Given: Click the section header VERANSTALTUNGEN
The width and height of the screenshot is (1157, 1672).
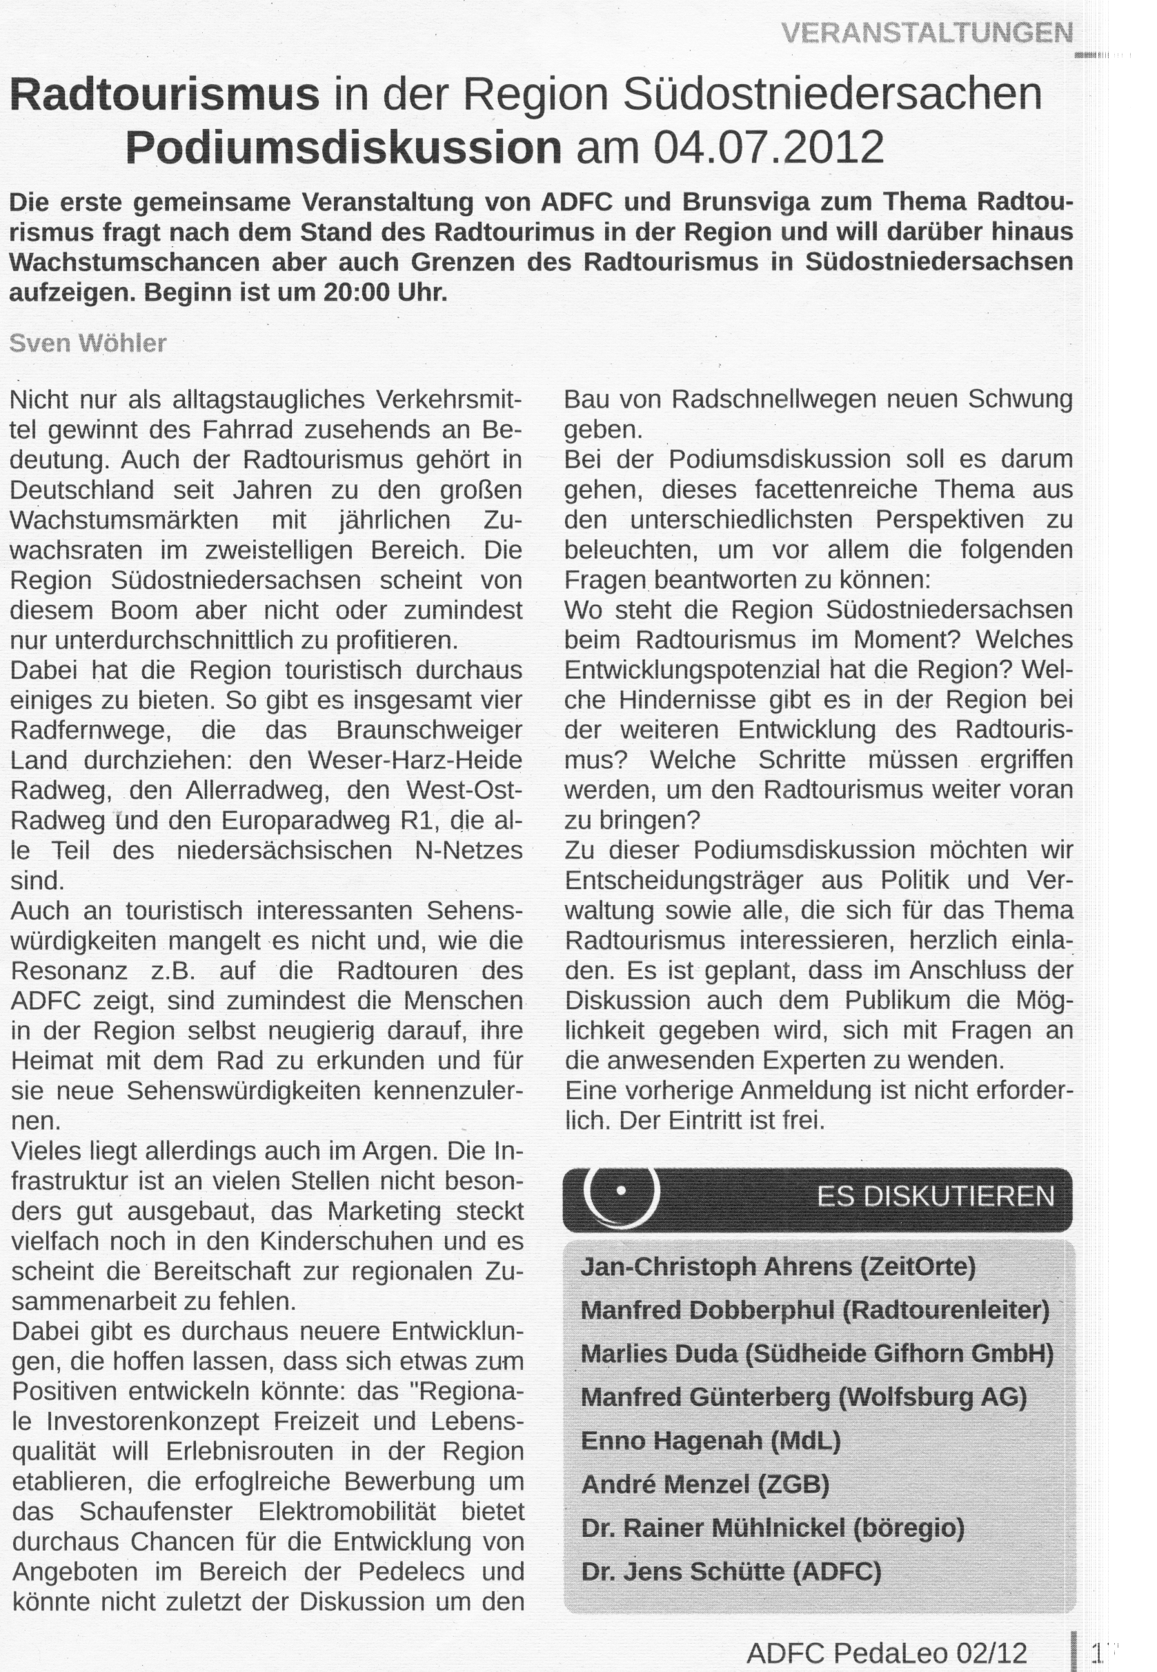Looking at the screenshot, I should pos(927,32).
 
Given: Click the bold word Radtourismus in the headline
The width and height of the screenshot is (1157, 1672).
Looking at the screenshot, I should pos(165,94).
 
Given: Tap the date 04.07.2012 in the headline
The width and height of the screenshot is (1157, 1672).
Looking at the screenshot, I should pos(769,147).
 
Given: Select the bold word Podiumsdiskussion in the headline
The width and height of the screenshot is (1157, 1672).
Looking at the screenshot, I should pos(344,147).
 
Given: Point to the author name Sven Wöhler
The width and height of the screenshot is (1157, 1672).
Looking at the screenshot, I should pos(88,343).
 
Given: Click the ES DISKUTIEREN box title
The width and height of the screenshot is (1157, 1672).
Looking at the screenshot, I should pos(935,1196).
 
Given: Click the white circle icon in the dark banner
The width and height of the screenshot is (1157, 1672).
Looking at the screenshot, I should pos(620,1191).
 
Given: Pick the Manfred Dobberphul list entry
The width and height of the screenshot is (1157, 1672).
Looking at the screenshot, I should pos(815,1310).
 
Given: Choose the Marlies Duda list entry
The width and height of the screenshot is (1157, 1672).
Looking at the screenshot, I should pos(816,1353).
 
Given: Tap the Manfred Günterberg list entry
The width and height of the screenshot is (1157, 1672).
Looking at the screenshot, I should pos(803,1397).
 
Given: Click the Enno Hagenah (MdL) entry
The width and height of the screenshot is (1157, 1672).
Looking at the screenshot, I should pos(711,1440).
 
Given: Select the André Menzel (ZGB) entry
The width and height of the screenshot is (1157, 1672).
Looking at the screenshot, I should pos(704,1484).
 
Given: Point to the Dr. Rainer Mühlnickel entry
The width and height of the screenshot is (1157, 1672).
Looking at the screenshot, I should pos(772,1528).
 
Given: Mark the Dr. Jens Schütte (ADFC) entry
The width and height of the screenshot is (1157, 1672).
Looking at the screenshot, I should pos(731,1571).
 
